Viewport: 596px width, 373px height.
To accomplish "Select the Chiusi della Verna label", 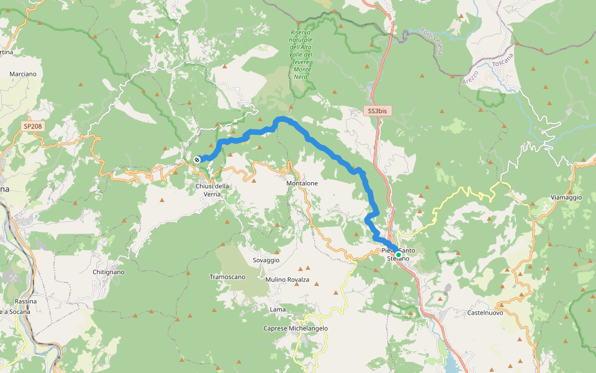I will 212,190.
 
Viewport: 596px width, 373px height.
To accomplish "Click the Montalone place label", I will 302,183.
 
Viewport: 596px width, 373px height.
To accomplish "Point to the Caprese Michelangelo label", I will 296,328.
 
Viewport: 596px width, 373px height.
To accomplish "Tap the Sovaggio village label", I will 266,260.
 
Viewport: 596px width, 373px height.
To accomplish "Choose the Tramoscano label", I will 227,277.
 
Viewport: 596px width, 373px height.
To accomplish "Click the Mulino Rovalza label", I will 287,280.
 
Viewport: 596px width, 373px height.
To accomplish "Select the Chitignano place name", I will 108,272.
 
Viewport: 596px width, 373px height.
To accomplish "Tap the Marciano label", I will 23,74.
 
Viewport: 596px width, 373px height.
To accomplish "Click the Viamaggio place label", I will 566,197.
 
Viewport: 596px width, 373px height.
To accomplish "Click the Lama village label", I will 278,309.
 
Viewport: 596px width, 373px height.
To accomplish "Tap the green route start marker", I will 399,254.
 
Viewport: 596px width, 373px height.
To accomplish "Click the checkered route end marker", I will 197,160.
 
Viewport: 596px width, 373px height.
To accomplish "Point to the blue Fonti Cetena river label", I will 431,41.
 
